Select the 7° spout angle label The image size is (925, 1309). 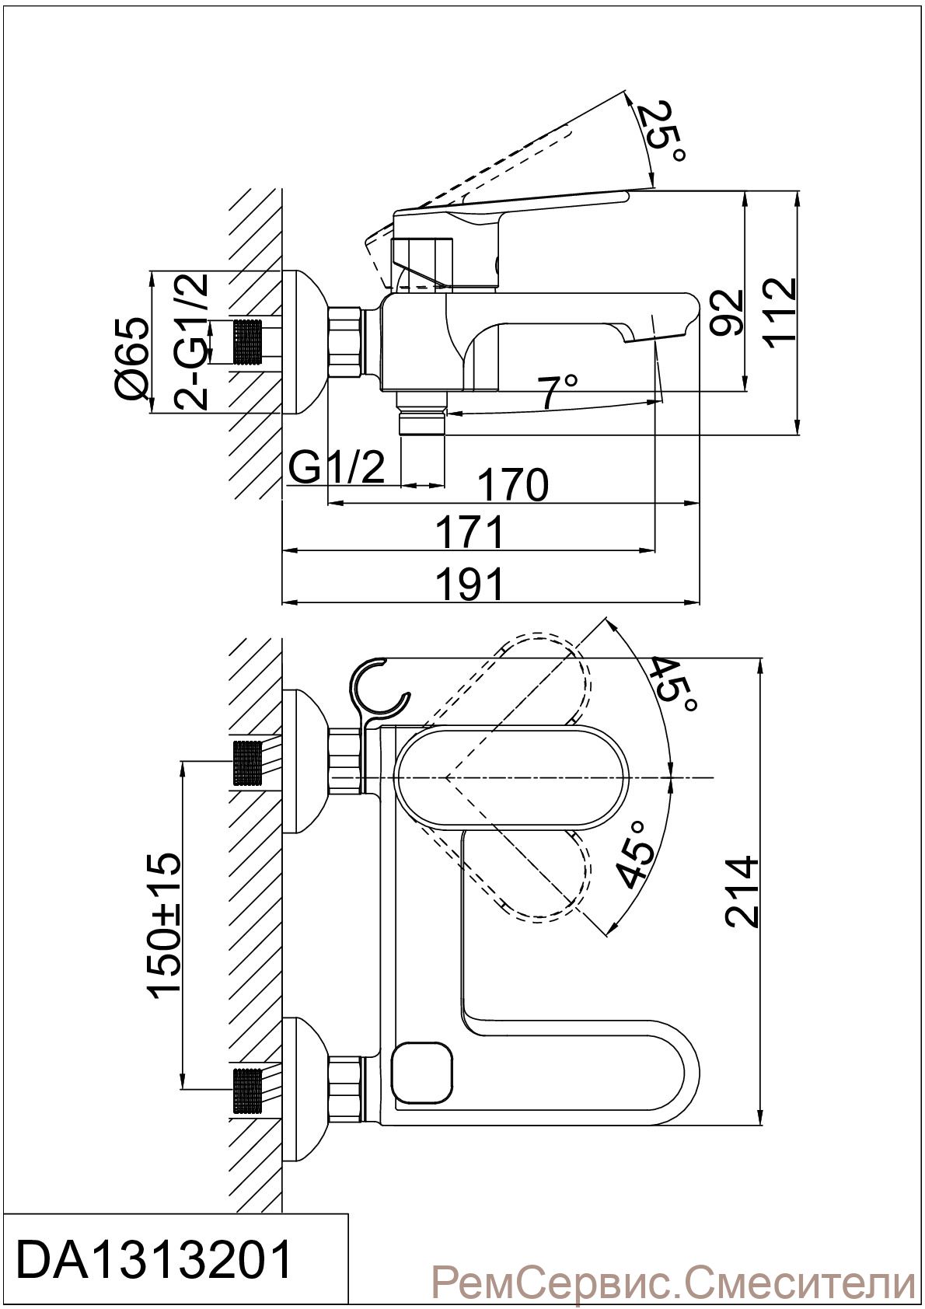(559, 391)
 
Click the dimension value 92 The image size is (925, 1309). (727, 311)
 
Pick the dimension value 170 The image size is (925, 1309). (513, 484)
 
